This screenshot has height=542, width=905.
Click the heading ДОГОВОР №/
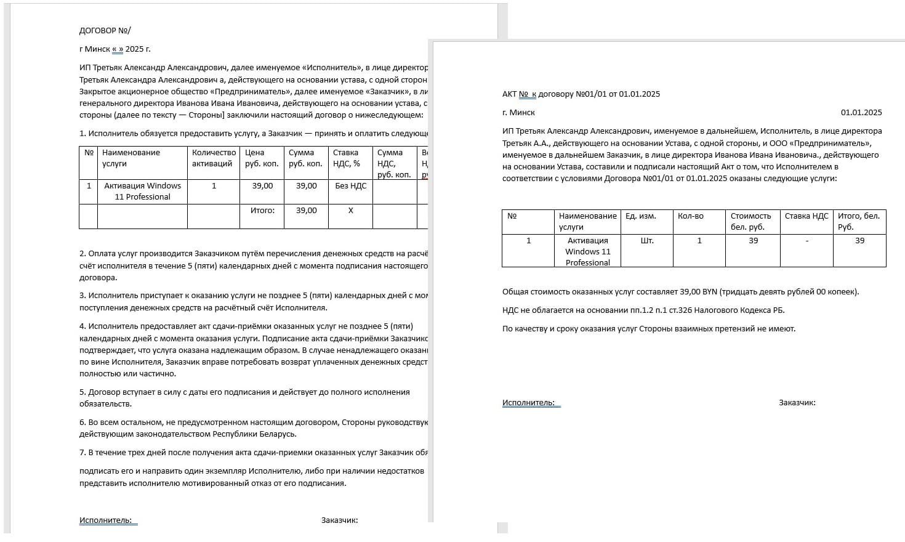(105, 30)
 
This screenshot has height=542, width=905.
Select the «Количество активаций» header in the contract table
(214, 158)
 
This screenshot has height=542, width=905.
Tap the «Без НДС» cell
(350, 186)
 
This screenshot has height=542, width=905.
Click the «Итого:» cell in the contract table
(262, 211)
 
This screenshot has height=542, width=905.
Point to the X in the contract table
(350, 211)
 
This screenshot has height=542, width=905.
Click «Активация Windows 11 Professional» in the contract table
(142, 191)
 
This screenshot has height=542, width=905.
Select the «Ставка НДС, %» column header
(346, 158)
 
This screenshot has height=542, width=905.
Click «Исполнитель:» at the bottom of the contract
(105, 520)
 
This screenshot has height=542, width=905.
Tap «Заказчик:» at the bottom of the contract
(339, 520)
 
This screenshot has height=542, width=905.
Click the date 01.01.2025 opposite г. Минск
(861, 113)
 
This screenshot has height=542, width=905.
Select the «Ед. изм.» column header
(640, 216)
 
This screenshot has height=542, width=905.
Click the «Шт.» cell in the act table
(646, 241)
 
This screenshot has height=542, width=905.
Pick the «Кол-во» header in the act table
(690, 216)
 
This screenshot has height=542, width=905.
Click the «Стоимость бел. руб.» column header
(750, 221)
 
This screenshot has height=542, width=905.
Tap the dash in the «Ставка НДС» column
(806, 241)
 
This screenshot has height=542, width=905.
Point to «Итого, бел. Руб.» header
(859, 221)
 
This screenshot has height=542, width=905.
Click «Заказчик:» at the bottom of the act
(797, 403)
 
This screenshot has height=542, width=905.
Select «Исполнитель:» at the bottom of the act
(528, 403)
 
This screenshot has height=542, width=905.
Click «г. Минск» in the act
(518, 113)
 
